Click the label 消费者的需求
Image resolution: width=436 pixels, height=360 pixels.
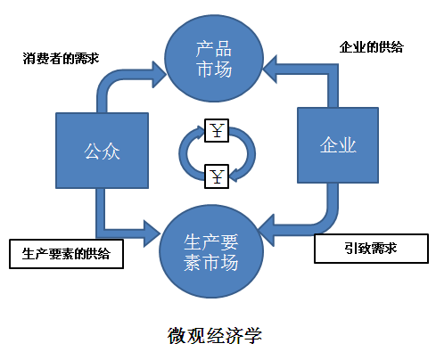(60, 60)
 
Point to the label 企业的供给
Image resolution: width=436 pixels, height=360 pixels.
(372, 46)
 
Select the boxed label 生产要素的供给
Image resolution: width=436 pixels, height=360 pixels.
(66, 253)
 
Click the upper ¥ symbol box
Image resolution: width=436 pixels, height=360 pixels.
(218, 132)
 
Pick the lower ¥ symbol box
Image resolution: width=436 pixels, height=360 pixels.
(218, 175)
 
